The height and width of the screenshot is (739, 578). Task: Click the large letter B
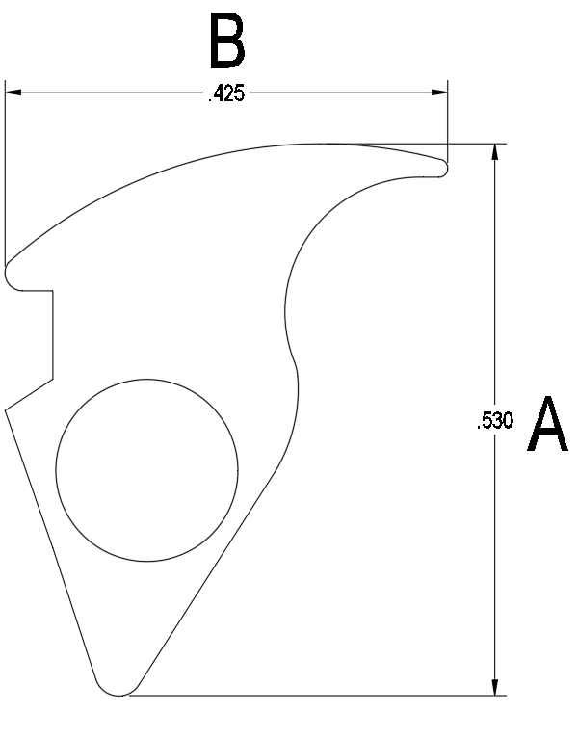(x=227, y=40)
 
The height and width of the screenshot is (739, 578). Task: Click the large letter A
(x=547, y=424)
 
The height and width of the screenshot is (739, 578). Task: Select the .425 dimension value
(x=226, y=93)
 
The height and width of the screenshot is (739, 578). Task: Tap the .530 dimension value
(x=494, y=420)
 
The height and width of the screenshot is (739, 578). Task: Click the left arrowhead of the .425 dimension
(x=13, y=92)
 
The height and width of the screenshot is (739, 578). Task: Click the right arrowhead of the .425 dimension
(x=439, y=92)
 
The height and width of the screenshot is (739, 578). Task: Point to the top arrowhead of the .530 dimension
(x=494, y=152)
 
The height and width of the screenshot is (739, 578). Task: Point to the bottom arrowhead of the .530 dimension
(x=494, y=687)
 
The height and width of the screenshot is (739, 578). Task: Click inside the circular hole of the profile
(x=147, y=470)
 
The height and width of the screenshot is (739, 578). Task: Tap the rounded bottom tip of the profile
(x=118, y=692)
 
